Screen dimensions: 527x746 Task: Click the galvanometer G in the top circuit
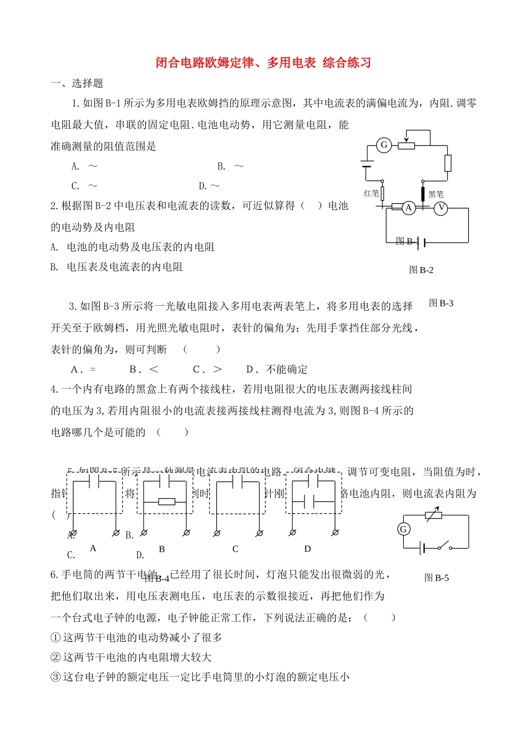(x=384, y=145)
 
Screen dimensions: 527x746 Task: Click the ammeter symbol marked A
(x=409, y=208)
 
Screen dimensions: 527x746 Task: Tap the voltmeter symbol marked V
(x=440, y=208)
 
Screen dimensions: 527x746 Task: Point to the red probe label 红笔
(x=372, y=193)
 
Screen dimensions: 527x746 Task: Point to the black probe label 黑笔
(x=436, y=194)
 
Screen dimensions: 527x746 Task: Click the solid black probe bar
(x=423, y=194)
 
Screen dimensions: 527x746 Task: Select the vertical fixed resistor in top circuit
(x=448, y=163)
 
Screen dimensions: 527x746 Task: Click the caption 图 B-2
(x=421, y=270)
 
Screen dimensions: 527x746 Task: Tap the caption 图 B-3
(x=442, y=303)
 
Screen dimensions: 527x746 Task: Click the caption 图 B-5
(x=437, y=578)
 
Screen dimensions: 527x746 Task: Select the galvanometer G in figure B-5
(x=404, y=529)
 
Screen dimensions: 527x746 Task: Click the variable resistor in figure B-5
(x=434, y=516)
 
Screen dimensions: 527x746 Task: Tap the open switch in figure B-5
(x=444, y=547)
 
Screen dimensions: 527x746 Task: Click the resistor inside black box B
(x=166, y=502)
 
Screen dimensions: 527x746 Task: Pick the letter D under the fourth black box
(x=307, y=549)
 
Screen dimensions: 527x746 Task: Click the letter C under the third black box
(x=235, y=549)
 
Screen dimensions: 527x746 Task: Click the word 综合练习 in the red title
(x=347, y=63)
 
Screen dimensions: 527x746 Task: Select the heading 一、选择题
(x=77, y=83)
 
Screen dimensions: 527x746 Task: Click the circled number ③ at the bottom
(x=55, y=677)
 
